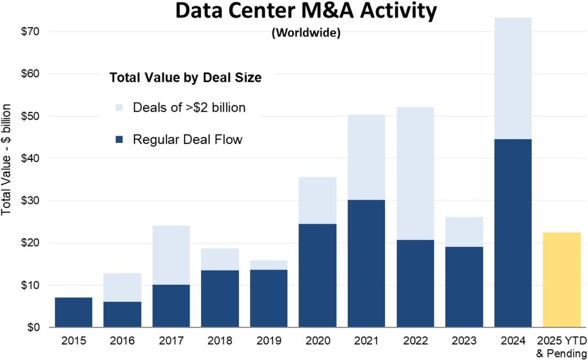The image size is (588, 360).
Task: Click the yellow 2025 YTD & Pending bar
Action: (x=562, y=280)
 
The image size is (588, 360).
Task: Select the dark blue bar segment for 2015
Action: (x=73, y=312)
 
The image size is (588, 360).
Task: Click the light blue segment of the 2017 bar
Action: (x=171, y=255)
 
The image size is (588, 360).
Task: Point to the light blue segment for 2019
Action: (x=269, y=265)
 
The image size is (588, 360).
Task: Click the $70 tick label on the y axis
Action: (x=30, y=32)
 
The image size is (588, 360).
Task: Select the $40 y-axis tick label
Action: (x=30, y=158)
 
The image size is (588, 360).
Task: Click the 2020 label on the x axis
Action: (x=317, y=341)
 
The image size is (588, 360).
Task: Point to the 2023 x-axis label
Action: (x=464, y=341)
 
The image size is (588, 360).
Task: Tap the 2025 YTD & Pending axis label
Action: (x=562, y=346)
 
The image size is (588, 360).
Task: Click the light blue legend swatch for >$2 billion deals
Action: (x=120, y=108)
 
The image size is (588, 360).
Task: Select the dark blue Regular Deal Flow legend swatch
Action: (x=120, y=140)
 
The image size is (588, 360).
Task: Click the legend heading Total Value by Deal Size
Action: (x=185, y=78)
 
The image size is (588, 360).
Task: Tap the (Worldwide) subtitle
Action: (x=306, y=35)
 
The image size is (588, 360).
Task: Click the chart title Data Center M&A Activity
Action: (x=306, y=12)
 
